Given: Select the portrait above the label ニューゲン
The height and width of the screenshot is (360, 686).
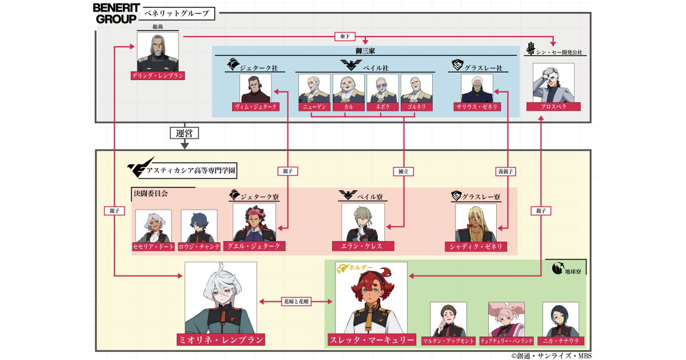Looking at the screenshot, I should point(314,88).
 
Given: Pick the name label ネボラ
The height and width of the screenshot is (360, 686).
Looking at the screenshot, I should point(382,107).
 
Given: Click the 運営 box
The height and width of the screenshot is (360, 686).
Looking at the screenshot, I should point(184,133).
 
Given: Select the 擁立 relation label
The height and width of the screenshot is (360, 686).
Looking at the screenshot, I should point(404,171).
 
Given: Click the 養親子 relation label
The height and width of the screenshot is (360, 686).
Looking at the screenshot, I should point(507,171).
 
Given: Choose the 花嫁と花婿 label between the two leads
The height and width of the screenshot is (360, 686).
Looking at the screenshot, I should point(297,301).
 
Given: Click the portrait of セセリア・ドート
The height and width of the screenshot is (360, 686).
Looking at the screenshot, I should point(153,226).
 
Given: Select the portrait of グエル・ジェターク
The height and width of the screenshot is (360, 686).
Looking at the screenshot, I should point(254,222).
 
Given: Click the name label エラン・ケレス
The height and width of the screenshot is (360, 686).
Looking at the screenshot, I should point(362,246).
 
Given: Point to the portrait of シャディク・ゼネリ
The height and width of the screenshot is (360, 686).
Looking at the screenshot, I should point(476,223).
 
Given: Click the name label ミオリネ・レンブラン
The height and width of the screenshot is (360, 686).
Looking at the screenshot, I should point(221,340).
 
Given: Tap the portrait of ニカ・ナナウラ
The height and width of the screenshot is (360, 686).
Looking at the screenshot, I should point(560,319).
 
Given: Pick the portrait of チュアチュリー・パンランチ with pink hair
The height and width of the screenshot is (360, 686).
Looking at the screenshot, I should point(506,319).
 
